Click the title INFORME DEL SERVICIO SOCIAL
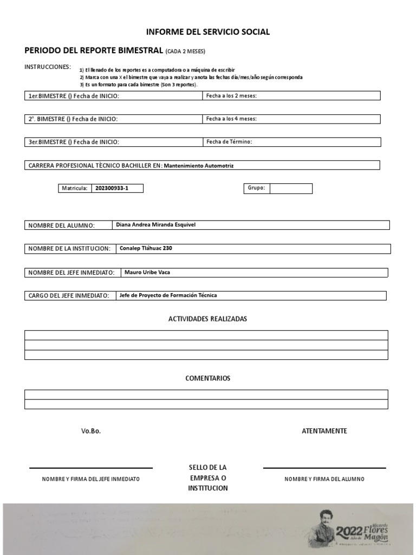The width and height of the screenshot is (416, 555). (208, 32)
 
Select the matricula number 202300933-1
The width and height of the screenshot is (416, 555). (112, 189)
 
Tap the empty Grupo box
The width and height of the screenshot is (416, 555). (291, 189)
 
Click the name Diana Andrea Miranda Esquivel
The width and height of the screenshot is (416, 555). (155, 224)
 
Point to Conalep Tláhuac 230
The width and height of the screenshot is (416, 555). (146, 248)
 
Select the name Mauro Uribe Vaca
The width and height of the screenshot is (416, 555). (147, 272)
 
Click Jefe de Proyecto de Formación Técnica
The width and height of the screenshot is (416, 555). (168, 295)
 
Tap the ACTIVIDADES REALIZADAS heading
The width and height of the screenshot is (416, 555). (207, 319)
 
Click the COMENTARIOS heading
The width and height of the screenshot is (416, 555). (207, 378)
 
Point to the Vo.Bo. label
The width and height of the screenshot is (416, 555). (91, 431)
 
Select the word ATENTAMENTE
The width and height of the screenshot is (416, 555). (324, 431)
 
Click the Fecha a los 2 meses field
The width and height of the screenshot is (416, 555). (291, 96)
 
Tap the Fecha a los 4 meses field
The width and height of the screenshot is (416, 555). (291, 119)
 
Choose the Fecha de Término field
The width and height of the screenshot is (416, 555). (291, 142)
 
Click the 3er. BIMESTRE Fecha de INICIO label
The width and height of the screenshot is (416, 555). (74, 142)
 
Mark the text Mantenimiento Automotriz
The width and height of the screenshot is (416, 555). (201, 165)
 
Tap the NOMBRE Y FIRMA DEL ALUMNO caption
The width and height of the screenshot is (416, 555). (324, 479)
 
